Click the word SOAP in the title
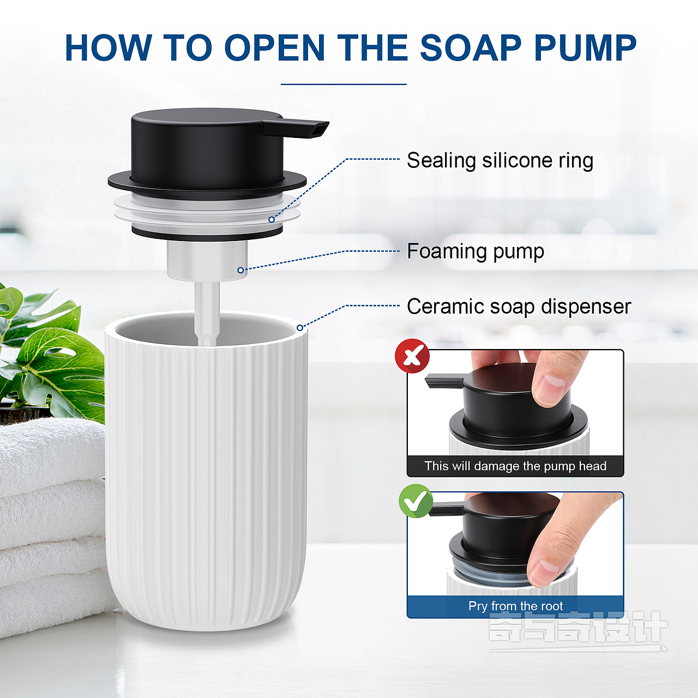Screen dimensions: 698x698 [x=471, y=48]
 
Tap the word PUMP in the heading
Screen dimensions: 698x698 [x=585, y=48]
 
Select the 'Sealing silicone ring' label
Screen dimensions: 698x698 [x=500, y=160]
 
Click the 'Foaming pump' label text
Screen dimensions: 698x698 [x=475, y=251]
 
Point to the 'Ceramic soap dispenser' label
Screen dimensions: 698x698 [x=519, y=307]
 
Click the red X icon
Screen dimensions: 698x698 [x=412, y=356]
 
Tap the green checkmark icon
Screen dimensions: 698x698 [x=416, y=501]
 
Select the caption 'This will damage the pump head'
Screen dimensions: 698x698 [x=515, y=466]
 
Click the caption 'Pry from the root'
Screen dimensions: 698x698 [x=515, y=606]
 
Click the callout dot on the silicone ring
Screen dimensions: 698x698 [x=272, y=220]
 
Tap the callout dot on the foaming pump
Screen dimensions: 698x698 [x=240, y=270]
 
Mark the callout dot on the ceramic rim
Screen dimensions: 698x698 [x=300, y=328]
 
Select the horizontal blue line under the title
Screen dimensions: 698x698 [x=344, y=85]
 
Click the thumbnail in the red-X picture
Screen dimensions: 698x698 [x=550, y=389]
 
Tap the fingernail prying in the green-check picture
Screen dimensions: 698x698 [x=542, y=573]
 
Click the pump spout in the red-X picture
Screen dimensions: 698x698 [x=444, y=382]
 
